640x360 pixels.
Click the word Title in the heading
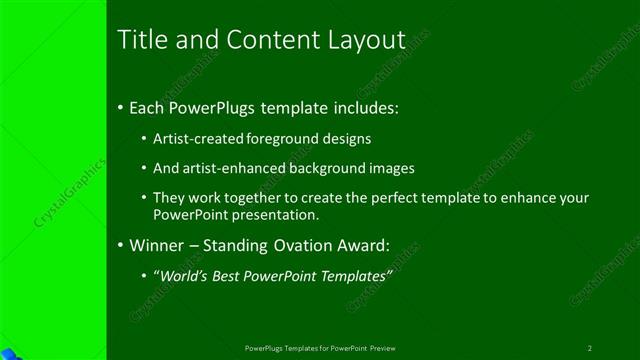click(140, 40)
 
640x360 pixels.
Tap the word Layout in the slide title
click(367, 41)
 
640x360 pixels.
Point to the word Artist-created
click(195, 139)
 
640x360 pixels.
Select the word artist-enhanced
click(230, 169)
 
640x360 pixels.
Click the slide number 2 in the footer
click(589, 348)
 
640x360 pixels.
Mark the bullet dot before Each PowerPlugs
click(121, 107)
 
